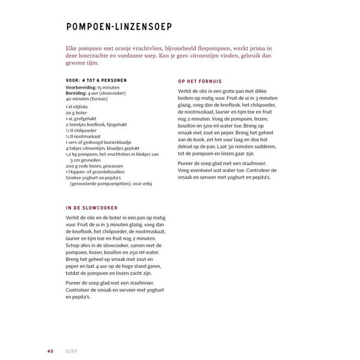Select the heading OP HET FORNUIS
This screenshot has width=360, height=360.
200,81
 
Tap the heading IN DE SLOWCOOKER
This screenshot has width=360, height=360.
92,208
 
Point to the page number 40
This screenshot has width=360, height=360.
50,336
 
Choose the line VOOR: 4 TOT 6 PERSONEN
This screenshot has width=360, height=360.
96,81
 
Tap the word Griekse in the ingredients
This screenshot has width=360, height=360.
75,178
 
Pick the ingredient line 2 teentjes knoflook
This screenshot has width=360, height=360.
96,124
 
